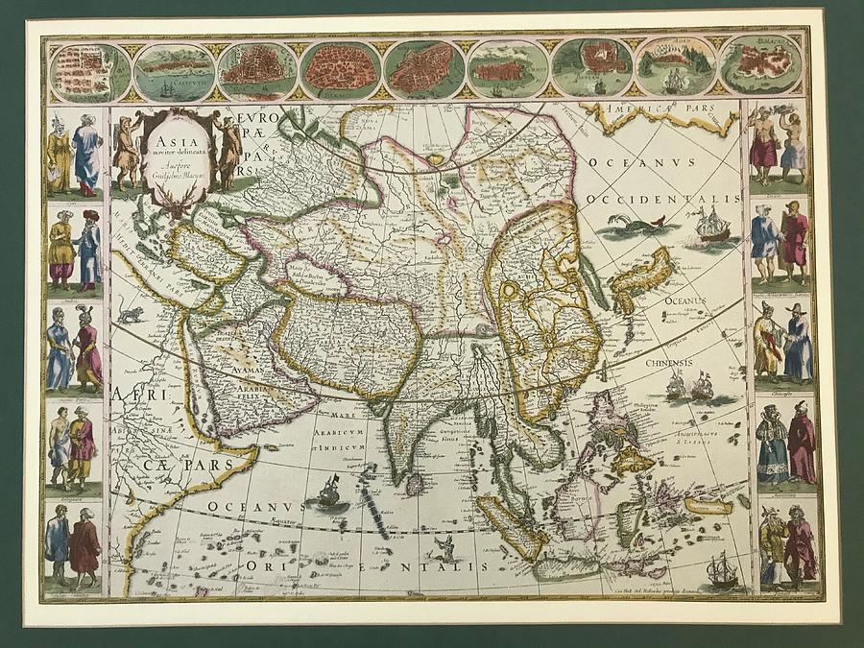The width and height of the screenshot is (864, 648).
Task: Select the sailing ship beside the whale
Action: pyautogui.click(x=710, y=227)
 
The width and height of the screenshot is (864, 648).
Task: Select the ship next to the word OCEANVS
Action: pyautogui.click(x=328, y=493)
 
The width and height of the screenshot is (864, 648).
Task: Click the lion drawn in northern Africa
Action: pyautogui.click(x=130, y=314)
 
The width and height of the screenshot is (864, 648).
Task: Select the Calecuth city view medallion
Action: pyautogui.click(x=174, y=70)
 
